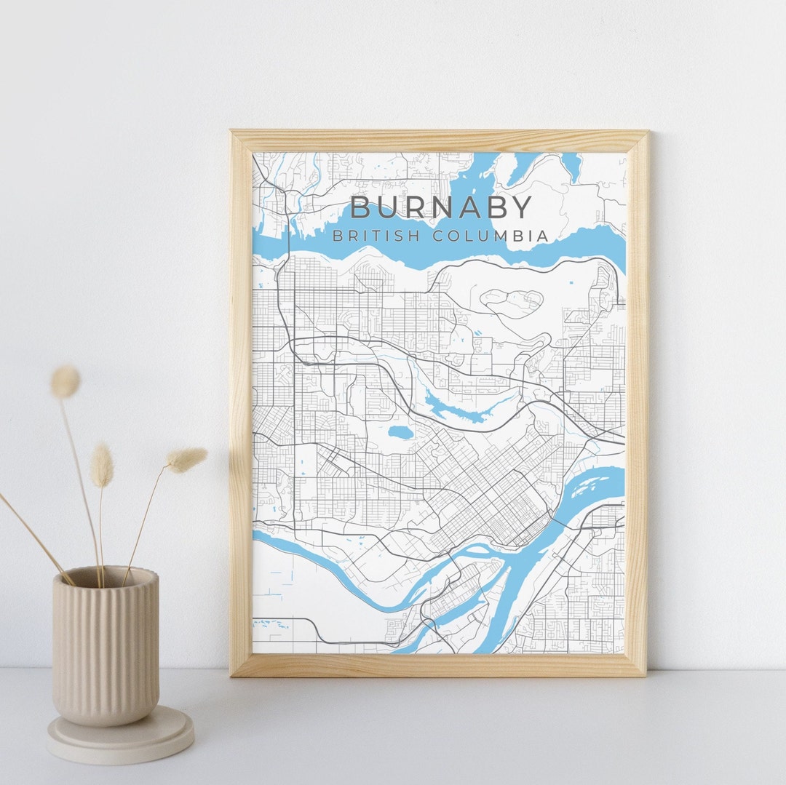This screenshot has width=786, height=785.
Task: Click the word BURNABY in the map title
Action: click(x=441, y=208)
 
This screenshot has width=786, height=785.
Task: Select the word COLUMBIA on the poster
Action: click(x=490, y=236)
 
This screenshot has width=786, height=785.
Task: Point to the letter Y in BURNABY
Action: click(x=520, y=208)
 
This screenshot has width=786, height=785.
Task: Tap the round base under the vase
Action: click(x=120, y=736)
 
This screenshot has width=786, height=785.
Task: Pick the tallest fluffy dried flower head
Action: click(x=65, y=381)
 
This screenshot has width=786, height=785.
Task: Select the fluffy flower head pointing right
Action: click(x=186, y=459)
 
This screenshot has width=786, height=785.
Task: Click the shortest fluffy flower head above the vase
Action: click(x=102, y=466)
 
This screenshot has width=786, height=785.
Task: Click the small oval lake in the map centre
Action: click(x=399, y=432)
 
